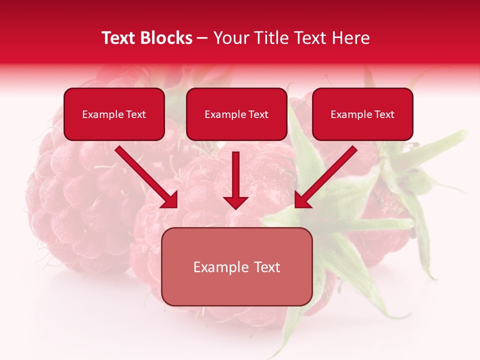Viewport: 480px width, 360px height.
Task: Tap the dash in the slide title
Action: (202, 38)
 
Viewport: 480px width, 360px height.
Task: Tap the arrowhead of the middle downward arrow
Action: (235, 202)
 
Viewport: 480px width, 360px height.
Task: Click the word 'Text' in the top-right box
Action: (384, 114)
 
